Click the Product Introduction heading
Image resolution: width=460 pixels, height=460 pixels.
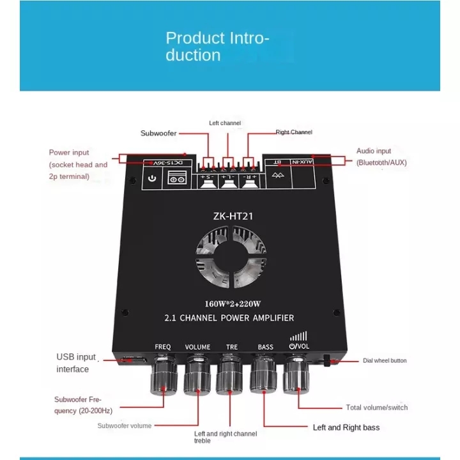point(217,47)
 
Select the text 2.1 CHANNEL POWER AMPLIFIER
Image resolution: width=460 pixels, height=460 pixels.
point(229,318)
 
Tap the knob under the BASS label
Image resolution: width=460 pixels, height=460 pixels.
point(265,379)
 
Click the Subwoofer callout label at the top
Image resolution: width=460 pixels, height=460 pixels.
point(158,134)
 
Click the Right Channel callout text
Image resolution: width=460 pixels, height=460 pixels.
point(294,132)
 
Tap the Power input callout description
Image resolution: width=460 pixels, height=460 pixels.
point(78,164)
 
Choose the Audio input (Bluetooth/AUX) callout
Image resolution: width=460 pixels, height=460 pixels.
point(381,157)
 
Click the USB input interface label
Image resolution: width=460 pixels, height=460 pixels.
point(76,363)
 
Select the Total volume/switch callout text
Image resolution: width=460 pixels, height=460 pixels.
point(376,408)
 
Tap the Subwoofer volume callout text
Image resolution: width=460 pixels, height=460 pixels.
point(124,425)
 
